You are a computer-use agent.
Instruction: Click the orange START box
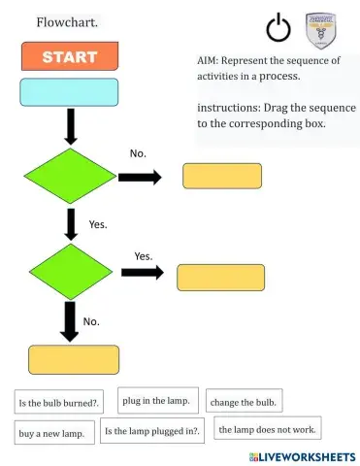tap(69, 56)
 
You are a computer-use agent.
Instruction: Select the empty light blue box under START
tap(69, 92)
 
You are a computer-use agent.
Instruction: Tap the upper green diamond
tap(70, 176)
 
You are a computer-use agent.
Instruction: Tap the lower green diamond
tap(70, 271)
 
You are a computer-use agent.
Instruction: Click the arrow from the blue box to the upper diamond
tap(71, 126)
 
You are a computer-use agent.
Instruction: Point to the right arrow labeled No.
tap(140, 177)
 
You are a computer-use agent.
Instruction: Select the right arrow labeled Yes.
tap(142, 272)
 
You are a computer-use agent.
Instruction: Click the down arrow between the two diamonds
tap(71, 222)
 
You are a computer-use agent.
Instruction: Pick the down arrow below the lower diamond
tap(70, 320)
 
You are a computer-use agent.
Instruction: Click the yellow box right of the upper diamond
tap(222, 176)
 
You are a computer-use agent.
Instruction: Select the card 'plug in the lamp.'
tap(159, 400)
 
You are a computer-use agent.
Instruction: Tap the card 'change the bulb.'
tap(244, 401)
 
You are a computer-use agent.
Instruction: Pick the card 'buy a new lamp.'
tap(53, 433)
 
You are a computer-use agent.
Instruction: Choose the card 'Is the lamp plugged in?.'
tap(152, 431)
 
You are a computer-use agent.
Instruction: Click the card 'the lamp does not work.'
tap(267, 428)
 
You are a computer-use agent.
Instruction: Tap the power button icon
tap(278, 29)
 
